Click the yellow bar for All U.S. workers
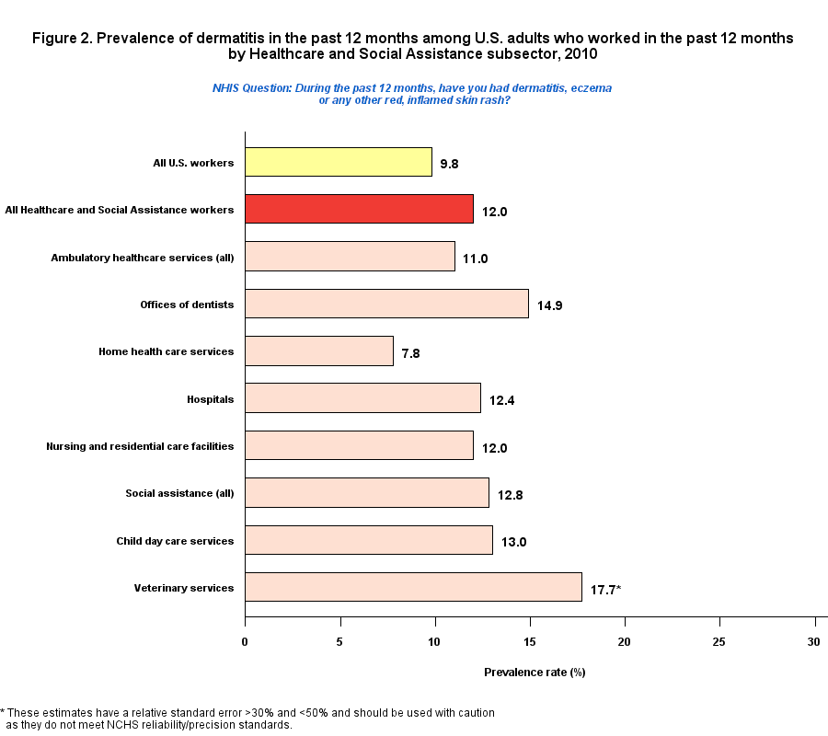pos(339,162)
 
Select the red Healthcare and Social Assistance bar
pos(359,209)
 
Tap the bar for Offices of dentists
pos(386,304)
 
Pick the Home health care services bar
pos(319,351)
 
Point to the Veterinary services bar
pos(413,587)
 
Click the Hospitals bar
pos(362,398)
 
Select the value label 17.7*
pos(606,589)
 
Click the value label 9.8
pos(449,165)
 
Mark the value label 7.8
pos(410,353)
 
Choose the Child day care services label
pos(175,541)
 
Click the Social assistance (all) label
pos(179,493)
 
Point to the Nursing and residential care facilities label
pos(140,446)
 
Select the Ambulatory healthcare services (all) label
pos(143,258)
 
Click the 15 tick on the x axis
pos(530,640)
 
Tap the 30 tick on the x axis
pos(814,640)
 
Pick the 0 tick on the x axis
pos(245,640)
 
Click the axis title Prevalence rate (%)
pos(535,673)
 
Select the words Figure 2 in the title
pos(61,39)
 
